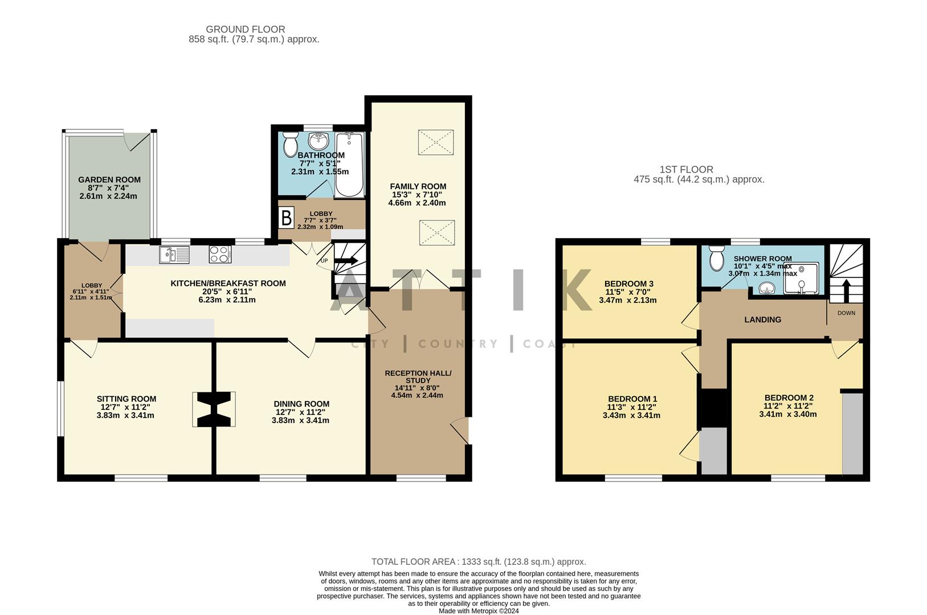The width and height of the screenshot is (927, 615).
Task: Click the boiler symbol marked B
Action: [x=287, y=218]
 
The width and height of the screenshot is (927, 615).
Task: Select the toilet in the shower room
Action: [x=717, y=259]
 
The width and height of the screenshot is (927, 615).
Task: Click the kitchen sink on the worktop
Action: [x=174, y=255]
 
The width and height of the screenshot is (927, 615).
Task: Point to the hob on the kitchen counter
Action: [x=220, y=254]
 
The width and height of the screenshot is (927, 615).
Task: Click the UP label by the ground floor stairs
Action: [x=324, y=261]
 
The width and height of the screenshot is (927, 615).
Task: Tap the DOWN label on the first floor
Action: [x=846, y=313]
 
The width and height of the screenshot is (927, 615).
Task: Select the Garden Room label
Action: [x=109, y=180]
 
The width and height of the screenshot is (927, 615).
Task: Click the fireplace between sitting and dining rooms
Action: [x=214, y=409]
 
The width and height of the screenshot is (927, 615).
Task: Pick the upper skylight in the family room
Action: [x=436, y=142]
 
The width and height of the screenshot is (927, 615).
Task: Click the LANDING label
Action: [x=762, y=320]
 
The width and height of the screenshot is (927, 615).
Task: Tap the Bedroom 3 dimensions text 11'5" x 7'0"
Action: [x=628, y=292]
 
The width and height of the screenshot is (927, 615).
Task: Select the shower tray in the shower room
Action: [x=802, y=278]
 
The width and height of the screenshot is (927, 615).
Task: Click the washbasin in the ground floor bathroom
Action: [x=317, y=140]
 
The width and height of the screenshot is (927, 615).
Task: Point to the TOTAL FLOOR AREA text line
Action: [x=479, y=562]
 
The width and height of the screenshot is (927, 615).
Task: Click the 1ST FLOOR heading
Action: [x=686, y=169]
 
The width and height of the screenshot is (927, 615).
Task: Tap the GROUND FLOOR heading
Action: [x=245, y=29]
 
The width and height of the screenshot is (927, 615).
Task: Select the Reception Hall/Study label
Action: [x=418, y=376]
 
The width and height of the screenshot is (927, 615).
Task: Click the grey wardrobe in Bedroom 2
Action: [x=852, y=433]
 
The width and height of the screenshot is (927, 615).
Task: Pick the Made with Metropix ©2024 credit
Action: [x=479, y=611]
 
